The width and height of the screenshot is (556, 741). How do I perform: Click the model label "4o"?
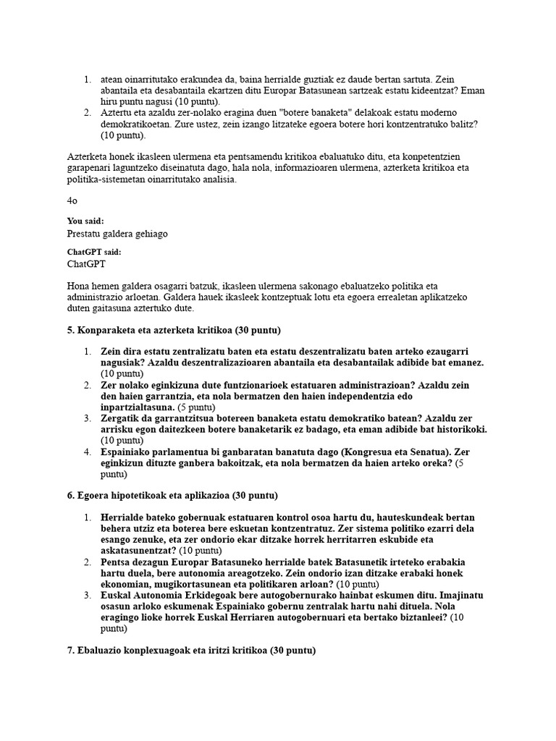pos(71,200)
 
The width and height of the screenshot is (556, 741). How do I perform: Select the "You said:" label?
pos(85,221)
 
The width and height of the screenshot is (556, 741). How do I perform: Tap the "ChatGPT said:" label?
pos(94,252)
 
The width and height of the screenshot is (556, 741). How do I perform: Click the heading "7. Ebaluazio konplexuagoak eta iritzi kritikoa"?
pos(191,651)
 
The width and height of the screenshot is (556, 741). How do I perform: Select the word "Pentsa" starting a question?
pos(117,563)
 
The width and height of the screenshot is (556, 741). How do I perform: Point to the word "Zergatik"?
pos(122,418)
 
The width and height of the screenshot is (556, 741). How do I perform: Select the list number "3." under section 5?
pos(87,418)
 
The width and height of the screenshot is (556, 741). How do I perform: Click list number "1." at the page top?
pos(87,78)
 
